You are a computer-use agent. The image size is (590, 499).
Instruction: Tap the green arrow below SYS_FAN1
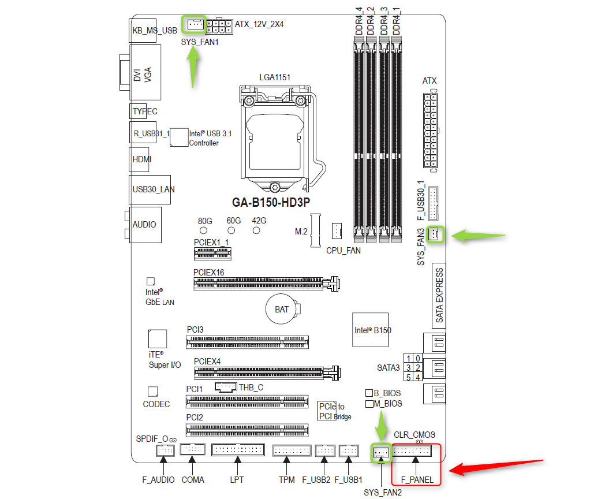pyautogui.click(x=193, y=68)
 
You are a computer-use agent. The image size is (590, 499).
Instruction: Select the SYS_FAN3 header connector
pyautogui.click(x=434, y=234)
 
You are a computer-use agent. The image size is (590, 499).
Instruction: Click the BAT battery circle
pyautogui.click(x=282, y=309)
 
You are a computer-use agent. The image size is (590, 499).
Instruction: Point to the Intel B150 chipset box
pyautogui.click(x=370, y=330)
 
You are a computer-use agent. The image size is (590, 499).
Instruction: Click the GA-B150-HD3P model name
pyautogui.click(x=271, y=203)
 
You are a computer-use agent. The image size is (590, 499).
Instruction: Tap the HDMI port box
pyautogui.click(x=140, y=159)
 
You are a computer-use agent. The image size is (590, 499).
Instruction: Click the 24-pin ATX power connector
pyautogui.click(x=431, y=131)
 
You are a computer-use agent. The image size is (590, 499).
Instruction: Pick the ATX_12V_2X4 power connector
pyautogui.click(x=219, y=26)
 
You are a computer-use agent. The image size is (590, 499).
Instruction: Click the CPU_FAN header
pyautogui.click(x=337, y=231)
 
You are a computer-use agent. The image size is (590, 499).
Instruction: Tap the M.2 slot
pyautogui.click(x=315, y=230)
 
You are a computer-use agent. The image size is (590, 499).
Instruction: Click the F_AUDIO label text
pyautogui.click(x=158, y=480)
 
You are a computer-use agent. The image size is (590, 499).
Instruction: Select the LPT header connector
pyautogui.click(x=238, y=450)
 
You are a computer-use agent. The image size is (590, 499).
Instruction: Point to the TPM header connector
pyautogui.click(x=292, y=450)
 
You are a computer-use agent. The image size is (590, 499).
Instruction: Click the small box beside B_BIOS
pyautogui.click(x=369, y=393)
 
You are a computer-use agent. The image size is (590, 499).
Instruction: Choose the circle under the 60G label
pyautogui.click(x=231, y=230)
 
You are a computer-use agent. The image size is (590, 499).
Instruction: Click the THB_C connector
pyautogui.click(x=226, y=387)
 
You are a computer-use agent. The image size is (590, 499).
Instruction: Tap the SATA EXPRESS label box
pyautogui.click(x=439, y=295)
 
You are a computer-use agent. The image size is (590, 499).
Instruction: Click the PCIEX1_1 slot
pyautogui.click(x=212, y=254)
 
